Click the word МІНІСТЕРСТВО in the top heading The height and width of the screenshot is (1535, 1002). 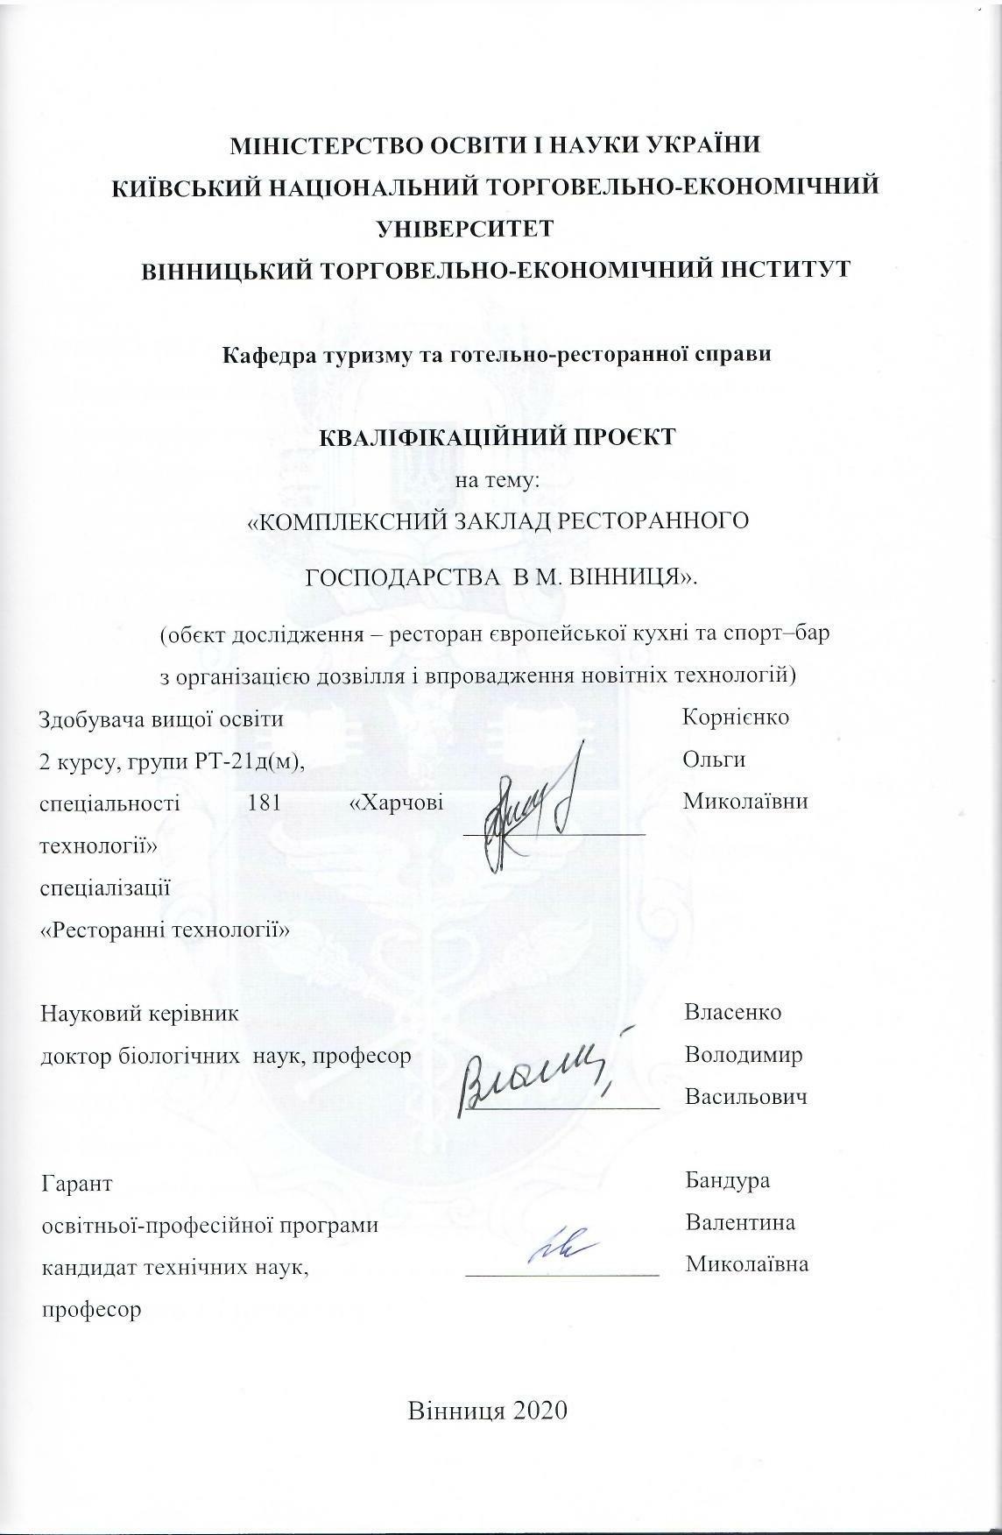[x=322, y=145]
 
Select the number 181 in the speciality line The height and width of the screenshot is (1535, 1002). [x=265, y=803]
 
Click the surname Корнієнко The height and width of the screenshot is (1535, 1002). [x=736, y=718]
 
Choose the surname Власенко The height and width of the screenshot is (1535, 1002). [x=733, y=1013]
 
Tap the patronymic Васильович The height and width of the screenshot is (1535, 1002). [x=745, y=1097]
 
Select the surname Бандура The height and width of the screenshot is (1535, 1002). [x=728, y=1180]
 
